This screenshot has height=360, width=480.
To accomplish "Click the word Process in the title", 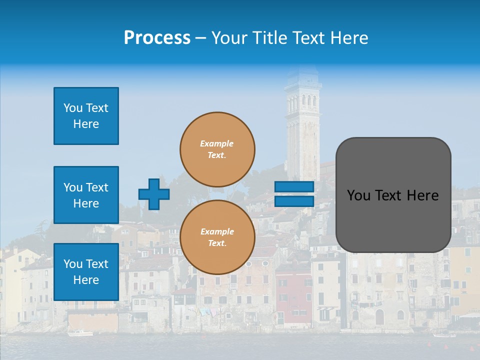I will coord(157,38).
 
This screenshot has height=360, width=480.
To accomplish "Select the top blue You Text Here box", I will coord(86,116).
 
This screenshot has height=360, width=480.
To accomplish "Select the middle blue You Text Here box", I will coord(86,195).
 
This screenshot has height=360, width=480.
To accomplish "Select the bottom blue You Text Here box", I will coord(86,271).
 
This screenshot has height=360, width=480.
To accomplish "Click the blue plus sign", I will coord(154,194).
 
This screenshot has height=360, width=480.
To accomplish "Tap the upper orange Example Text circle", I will coord(217,149).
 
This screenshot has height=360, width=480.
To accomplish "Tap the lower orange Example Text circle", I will coord(217,237).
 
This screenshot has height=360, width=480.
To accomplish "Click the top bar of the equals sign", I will coord(294,186).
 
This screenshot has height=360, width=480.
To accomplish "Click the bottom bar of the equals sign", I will coord(294,201).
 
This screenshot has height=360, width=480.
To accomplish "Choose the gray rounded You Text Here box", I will coord(393,195).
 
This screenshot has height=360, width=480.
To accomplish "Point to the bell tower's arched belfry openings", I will coord(303,103).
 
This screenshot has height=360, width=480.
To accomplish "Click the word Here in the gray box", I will coord(422,195).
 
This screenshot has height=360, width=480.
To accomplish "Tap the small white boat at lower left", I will coord(80,333).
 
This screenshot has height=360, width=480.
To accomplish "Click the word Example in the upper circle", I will coord(216,143).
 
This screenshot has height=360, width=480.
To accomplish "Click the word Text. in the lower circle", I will coord(217,243).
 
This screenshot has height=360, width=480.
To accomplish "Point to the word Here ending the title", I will coord(348,38).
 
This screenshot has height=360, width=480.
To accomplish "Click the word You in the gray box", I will coord(358,195).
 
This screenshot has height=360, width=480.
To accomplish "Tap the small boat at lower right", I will coord(444,334).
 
